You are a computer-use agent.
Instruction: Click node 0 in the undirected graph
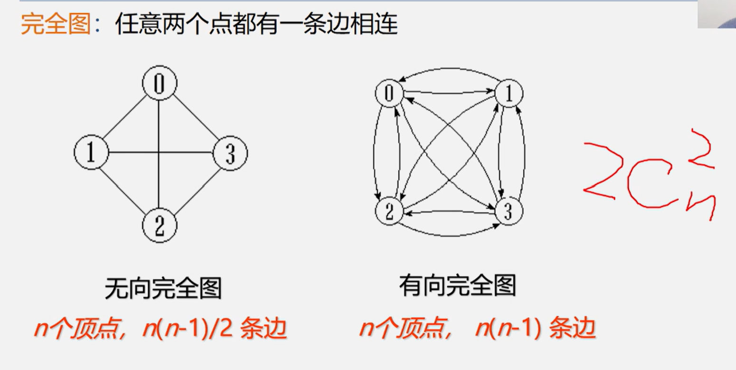pyautogui.click(x=160, y=84)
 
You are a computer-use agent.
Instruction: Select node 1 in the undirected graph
pyautogui.click(x=91, y=152)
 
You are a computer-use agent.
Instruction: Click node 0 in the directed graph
pyautogui.click(x=389, y=93)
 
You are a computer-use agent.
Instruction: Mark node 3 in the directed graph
pyautogui.click(x=508, y=212)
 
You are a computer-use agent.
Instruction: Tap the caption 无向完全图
pyautogui.click(x=163, y=287)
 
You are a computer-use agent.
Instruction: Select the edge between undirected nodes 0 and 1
pyautogui.click(x=125, y=119)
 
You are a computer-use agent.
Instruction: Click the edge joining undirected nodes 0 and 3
pyautogui.click(x=195, y=119)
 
